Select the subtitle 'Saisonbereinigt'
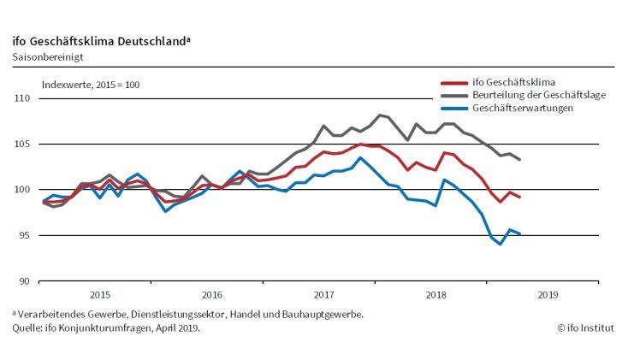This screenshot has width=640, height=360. point(48,57)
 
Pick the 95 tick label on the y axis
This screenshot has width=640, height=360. point(23,235)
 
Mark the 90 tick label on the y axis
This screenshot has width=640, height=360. point(23,280)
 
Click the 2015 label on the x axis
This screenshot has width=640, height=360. point(99,294)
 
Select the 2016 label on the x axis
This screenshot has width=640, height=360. point(211,294)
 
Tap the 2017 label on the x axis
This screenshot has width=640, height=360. point(323,294)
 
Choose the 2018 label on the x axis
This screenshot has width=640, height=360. point(436,294)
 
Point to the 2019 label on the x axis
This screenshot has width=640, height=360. point(548,294)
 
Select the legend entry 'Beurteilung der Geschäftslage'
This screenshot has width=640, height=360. point(538,95)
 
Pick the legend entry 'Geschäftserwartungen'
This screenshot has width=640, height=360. point(522,109)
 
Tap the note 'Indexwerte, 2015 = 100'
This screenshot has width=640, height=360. point(91,85)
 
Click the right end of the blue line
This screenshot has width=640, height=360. point(519,233)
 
